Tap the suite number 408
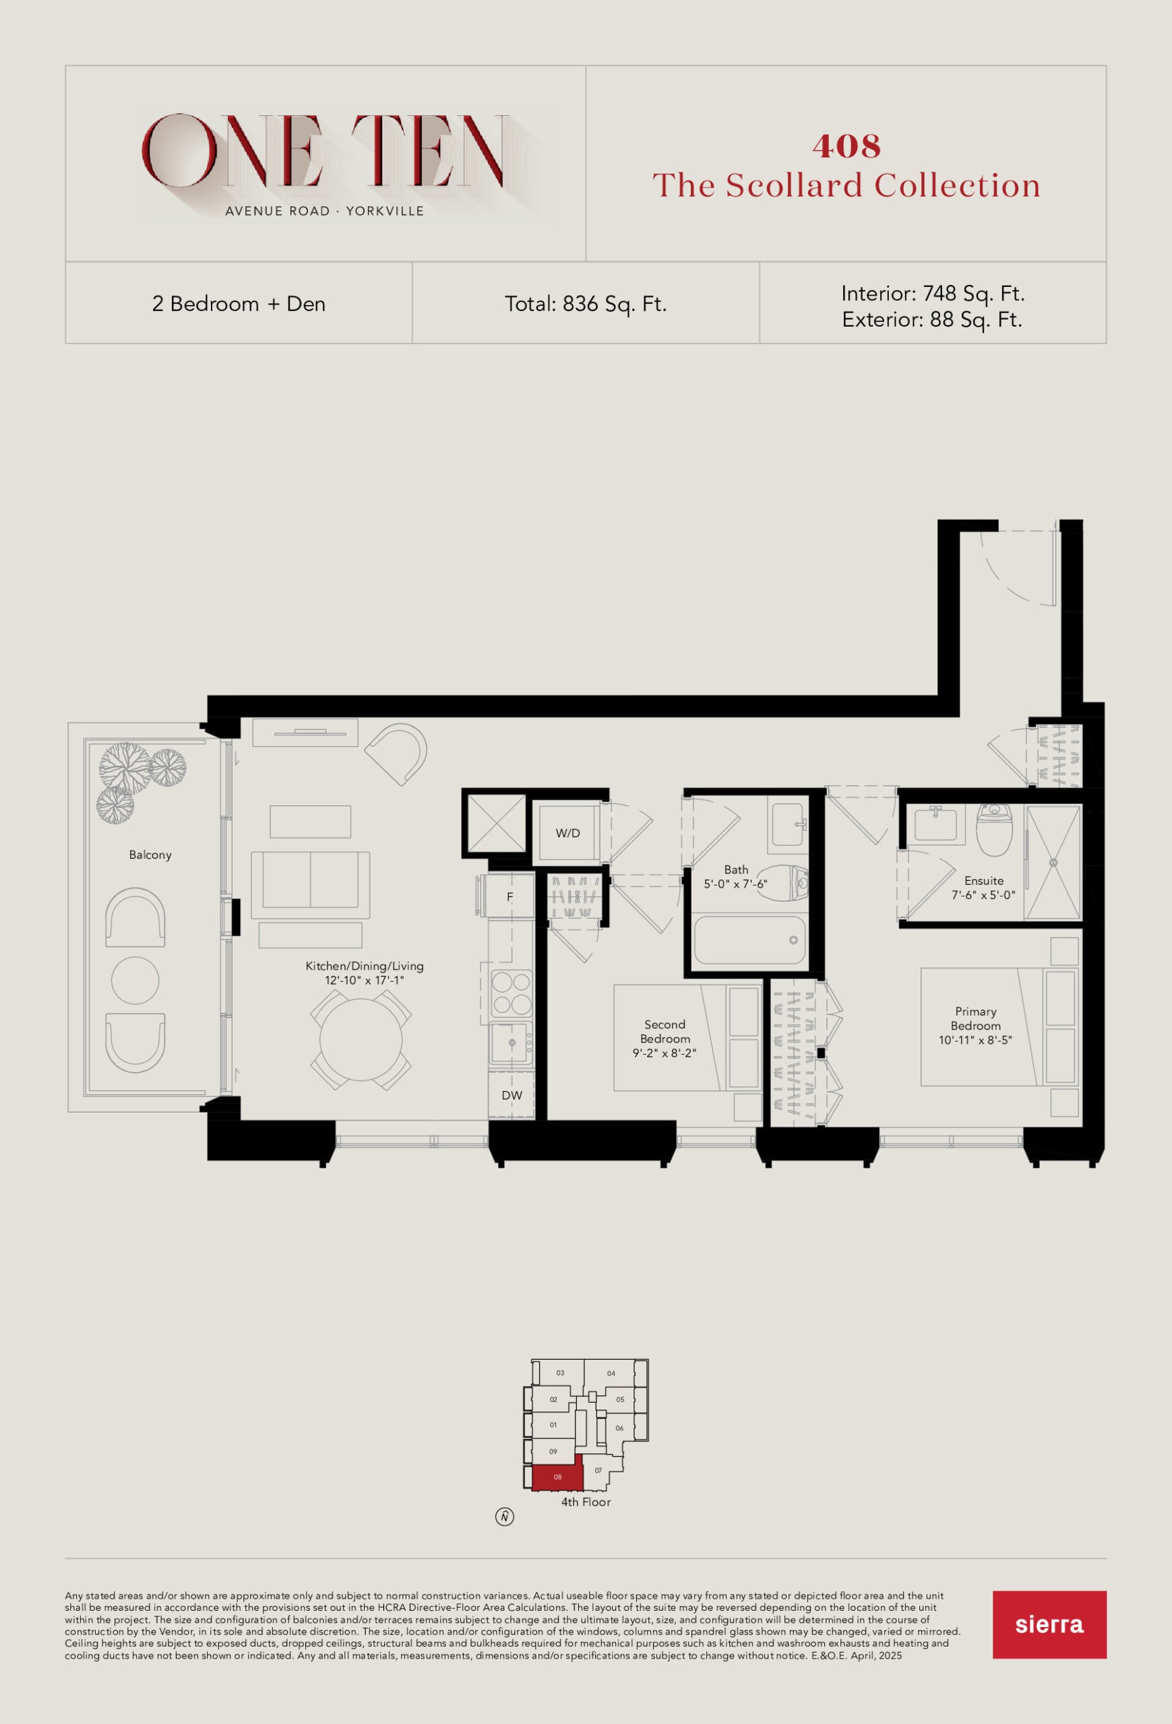pos(846,146)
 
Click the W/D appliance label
pos(568,833)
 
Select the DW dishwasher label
pos(512,1095)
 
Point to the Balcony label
pos(150,855)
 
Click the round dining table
pos(361,1039)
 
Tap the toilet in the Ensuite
pos(994,830)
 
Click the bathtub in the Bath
pos(749,940)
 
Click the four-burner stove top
pos(512,993)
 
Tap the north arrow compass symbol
pos(505,1517)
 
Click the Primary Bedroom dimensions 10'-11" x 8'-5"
pos(975,1040)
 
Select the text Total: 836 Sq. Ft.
pos(586,304)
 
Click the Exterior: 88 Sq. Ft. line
pos(932,320)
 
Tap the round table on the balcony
pos(135,980)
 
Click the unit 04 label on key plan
pos(611,1373)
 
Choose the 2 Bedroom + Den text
pos(239,304)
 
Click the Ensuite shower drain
pos(1053,863)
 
